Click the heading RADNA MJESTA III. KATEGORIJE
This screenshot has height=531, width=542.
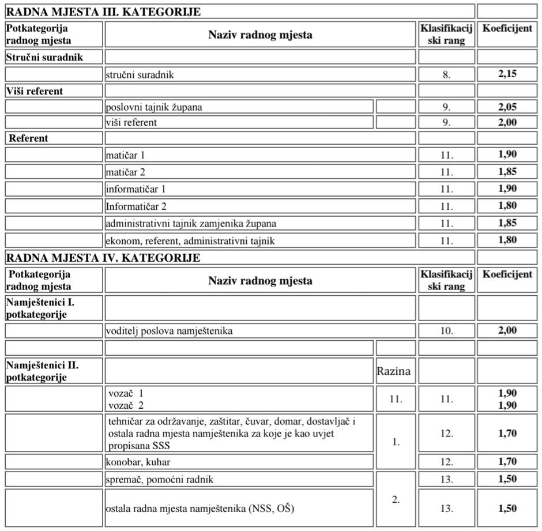pyautogui.click(x=103, y=12)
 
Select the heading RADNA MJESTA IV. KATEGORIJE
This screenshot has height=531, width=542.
pyautogui.click(x=103, y=257)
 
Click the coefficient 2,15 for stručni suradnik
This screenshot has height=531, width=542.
pyautogui.click(x=507, y=74)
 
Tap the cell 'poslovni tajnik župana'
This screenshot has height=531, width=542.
pyautogui.click(x=154, y=107)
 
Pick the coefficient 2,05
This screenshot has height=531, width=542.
pyautogui.click(x=507, y=107)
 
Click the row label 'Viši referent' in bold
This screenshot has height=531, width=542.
pyautogui.click(x=35, y=91)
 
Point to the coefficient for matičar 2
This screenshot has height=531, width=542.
pyautogui.click(x=507, y=171)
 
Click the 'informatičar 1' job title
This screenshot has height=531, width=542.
pyautogui.click(x=135, y=189)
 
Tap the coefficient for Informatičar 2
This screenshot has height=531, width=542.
pyautogui.click(x=507, y=205)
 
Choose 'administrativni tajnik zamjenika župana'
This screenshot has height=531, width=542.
pyautogui.click(x=195, y=223)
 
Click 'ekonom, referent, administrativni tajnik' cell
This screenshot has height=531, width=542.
pyautogui.click(x=190, y=240)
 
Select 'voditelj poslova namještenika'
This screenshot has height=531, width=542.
pyautogui.click(x=170, y=331)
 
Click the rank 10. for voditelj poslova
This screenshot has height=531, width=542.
pyautogui.click(x=446, y=331)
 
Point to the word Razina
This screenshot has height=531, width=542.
pyautogui.click(x=394, y=371)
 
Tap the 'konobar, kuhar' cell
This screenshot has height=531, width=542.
pyautogui.click(x=138, y=462)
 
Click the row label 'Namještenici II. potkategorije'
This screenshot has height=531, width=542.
pyautogui.click(x=43, y=371)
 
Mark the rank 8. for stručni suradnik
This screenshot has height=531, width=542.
pyautogui.click(x=446, y=74)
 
